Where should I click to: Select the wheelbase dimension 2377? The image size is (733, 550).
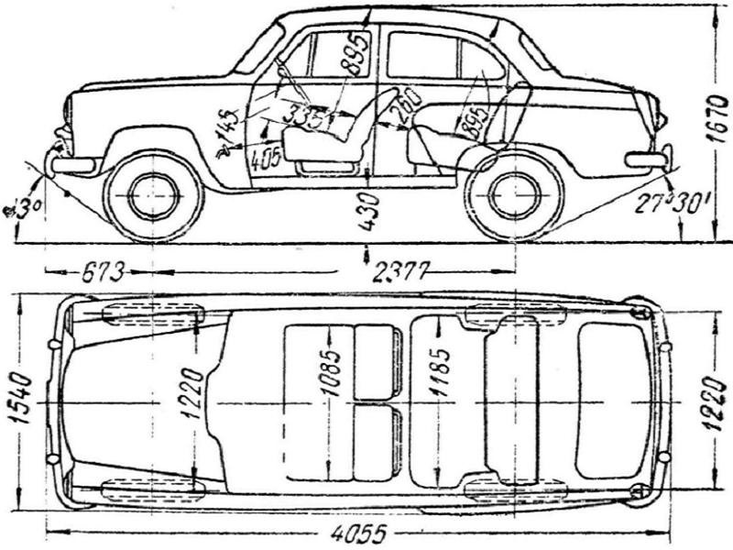click(399, 271)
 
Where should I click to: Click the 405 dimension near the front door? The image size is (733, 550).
click(265, 158)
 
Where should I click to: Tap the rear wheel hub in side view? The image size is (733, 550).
click(514, 194)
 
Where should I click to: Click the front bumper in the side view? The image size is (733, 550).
click(73, 165)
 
